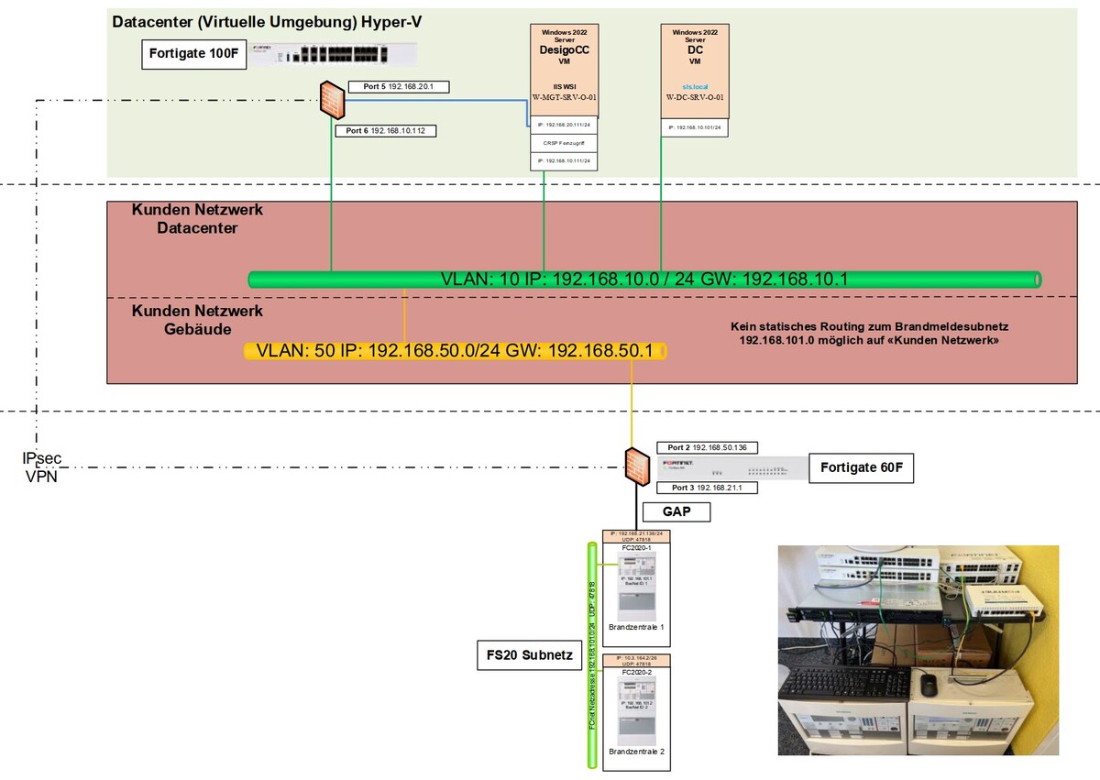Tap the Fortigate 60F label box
(861, 467)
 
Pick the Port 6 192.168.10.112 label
(390, 131)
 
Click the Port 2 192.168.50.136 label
(714, 448)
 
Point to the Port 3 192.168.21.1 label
(709, 488)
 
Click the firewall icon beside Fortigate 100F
(331, 97)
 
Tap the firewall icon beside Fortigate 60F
(634, 465)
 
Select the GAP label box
(676, 512)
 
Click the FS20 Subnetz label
(530, 655)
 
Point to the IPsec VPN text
(42, 467)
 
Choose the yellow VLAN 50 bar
(455, 351)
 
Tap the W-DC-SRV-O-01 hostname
(695, 96)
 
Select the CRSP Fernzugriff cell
(564, 143)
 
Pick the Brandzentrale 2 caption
(635, 752)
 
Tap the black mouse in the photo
(929, 683)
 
